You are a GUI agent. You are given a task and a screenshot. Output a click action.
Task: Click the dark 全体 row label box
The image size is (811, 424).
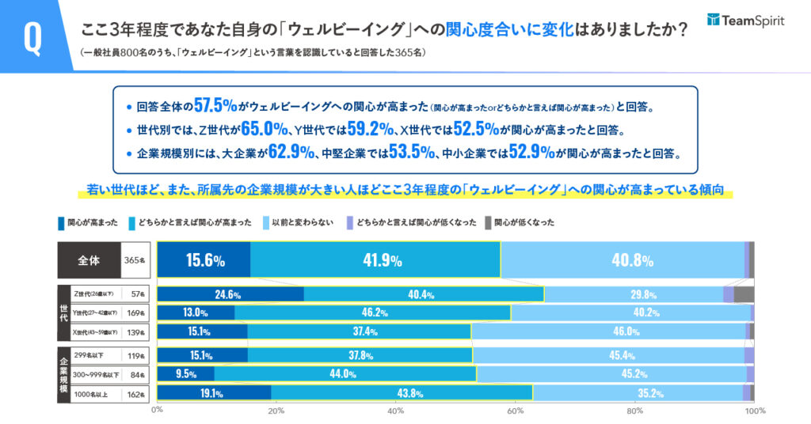(x=89, y=259)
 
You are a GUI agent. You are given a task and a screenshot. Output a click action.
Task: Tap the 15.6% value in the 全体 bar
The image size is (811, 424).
(x=204, y=260)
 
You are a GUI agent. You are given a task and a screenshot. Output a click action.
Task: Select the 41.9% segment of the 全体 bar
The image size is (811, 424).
(x=375, y=260)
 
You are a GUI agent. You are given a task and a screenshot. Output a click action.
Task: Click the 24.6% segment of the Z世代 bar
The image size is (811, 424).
(x=230, y=294)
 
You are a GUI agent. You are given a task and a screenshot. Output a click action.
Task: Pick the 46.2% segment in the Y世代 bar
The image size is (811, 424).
(x=372, y=313)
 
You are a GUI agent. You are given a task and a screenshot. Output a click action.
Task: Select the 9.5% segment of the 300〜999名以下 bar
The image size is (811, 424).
(x=186, y=374)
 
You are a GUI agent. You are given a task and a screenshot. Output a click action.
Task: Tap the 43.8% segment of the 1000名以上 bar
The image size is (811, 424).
(x=402, y=393)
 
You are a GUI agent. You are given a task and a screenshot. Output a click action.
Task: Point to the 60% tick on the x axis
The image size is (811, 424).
(x=516, y=411)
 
